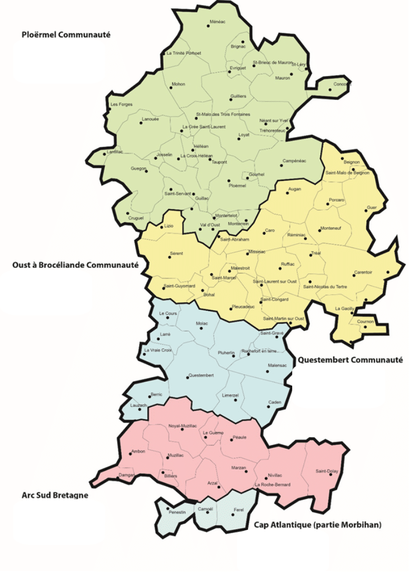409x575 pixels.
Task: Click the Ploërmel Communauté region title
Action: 66,35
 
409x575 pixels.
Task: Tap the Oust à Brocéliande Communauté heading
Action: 75,265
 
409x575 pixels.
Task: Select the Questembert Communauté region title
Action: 350,360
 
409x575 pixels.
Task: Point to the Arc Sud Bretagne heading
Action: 55,495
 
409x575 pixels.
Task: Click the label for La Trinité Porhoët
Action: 184,53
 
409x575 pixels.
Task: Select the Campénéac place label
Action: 294,161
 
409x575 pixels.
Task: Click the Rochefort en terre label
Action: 259,351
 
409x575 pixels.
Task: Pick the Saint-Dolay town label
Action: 327,471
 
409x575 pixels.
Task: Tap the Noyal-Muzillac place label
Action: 183,426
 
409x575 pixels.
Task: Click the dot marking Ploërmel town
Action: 229,180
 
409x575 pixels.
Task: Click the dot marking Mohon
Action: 172,88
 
